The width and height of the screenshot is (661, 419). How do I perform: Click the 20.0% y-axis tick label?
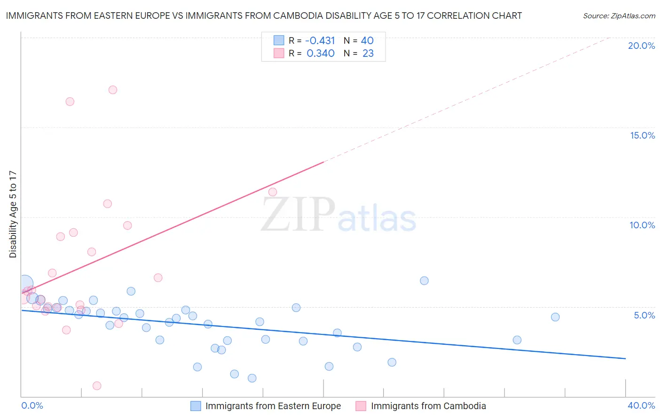pos(641,46)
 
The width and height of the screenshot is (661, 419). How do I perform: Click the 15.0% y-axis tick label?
pos(642,135)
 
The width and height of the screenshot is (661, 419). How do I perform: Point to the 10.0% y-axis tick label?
pos(642,225)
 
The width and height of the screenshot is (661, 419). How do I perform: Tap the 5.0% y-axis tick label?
pos(644,315)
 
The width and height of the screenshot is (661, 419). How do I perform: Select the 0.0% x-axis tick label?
pos(32,405)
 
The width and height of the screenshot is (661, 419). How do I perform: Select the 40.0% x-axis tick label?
pos(641,405)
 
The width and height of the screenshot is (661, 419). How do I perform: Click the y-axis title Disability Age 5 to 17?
pos(13,214)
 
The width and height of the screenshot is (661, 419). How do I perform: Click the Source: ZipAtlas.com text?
pos(619,16)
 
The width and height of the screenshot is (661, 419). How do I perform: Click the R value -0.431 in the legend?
pos(320,41)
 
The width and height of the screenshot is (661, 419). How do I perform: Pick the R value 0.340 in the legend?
pos(320,54)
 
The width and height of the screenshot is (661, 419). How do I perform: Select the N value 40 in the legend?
pos(367,41)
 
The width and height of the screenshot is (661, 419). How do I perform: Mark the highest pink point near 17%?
pos(113,90)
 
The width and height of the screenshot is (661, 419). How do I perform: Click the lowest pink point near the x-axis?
pos(97,386)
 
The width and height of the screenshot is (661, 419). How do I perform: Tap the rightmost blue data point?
pos(555,317)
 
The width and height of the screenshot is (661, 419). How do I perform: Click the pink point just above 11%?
pos(273,192)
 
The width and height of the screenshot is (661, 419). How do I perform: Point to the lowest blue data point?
pos(252,378)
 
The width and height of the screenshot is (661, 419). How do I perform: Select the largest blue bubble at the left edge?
pos(25,284)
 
